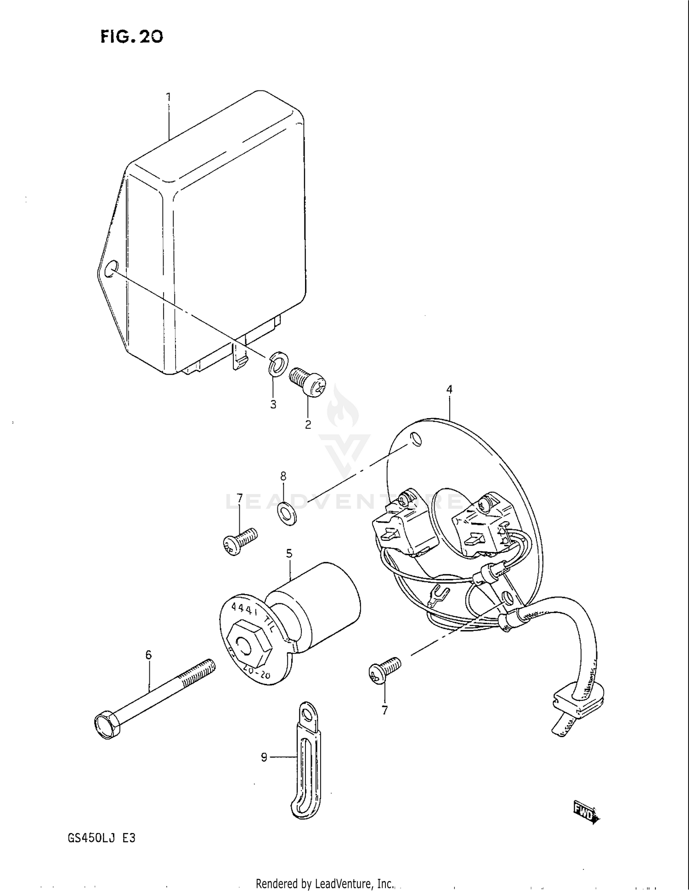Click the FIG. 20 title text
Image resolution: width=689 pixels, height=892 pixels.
tap(132, 36)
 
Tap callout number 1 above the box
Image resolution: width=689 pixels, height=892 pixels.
tap(168, 97)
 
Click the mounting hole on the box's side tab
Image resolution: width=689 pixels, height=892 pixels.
tap(111, 269)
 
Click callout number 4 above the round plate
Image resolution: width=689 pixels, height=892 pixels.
tap(449, 390)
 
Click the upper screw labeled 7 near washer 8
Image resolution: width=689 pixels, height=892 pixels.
tap(240, 541)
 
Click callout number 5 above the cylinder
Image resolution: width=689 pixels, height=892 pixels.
tap(289, 553)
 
